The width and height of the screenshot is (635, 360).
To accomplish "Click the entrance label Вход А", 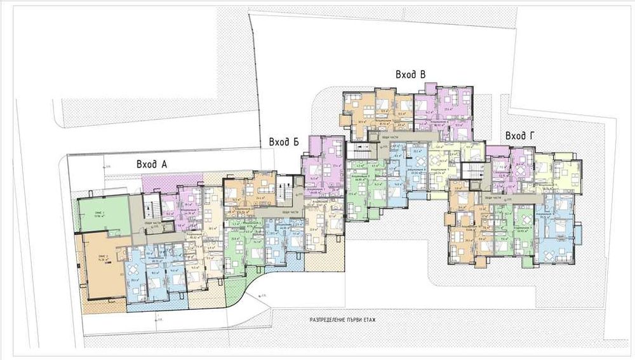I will [x=151, y=164].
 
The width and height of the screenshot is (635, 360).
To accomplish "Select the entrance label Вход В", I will [x=410, y=75].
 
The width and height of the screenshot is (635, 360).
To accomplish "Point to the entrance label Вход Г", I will [x=519, y=136].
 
